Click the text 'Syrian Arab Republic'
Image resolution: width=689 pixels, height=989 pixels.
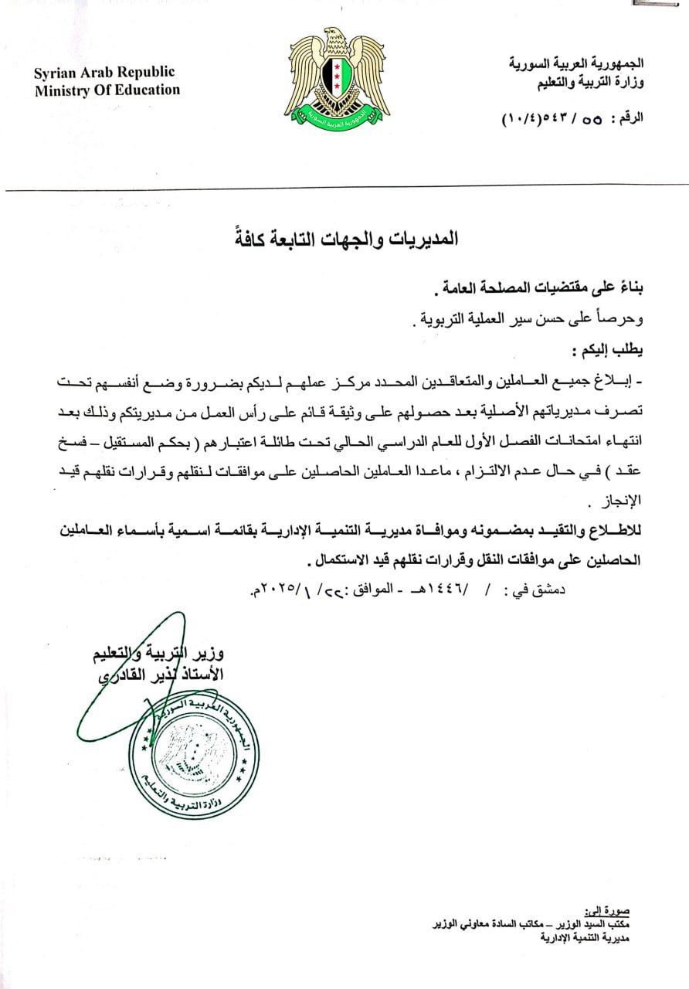[104, 73]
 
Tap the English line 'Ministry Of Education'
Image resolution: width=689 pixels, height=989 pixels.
[107, 90]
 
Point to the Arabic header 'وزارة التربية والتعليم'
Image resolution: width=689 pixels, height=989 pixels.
[588, 80]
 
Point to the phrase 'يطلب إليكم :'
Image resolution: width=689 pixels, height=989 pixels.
[610, 349]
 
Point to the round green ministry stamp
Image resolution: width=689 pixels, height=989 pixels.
[198, 756]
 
